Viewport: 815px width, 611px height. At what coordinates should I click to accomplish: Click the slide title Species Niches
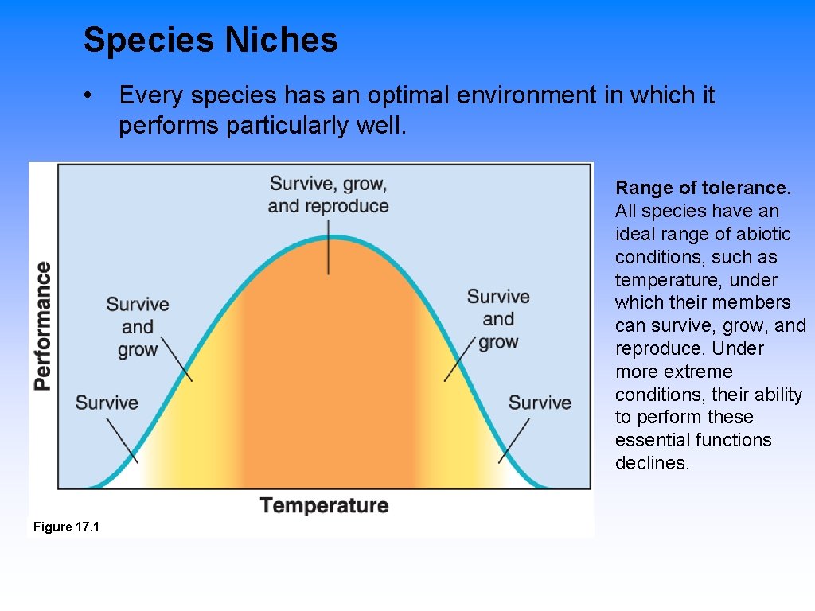pyautogui.click(x=210, y=40)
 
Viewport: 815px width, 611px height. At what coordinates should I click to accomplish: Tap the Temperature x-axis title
pyautogui.click(x=324, y=505)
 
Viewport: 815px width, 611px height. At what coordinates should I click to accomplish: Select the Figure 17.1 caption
pyautogui.click(x=66, y=527)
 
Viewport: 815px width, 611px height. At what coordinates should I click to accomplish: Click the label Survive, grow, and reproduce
pyautogui.click(x=328, y=195)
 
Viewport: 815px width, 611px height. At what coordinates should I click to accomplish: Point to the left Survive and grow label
pyautogui.click(x=138, y=326)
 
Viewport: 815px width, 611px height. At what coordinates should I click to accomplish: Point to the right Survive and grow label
pyautogui.click(x=498, y=319)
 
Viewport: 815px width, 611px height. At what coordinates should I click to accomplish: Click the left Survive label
pyautogui.click(x=107, y=403)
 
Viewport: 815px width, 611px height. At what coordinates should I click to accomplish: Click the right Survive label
pyautogui.click(x=540, y=403)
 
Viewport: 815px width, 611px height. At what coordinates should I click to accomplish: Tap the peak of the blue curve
pyautogui.click(x=329, y=237)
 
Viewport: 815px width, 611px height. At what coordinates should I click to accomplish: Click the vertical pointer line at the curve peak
pyautogui.click(x=329, y=251)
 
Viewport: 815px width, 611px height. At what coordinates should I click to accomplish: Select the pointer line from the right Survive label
pyautogui.click(x=515, y=440)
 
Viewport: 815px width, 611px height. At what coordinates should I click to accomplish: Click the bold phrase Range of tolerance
pyautogui.click(x=703, y=189)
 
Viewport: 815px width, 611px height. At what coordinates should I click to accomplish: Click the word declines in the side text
pyautogui.click(x=652, y=463)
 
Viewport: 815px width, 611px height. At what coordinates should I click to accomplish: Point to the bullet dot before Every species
pyautogui.click(x=94, y=96)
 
